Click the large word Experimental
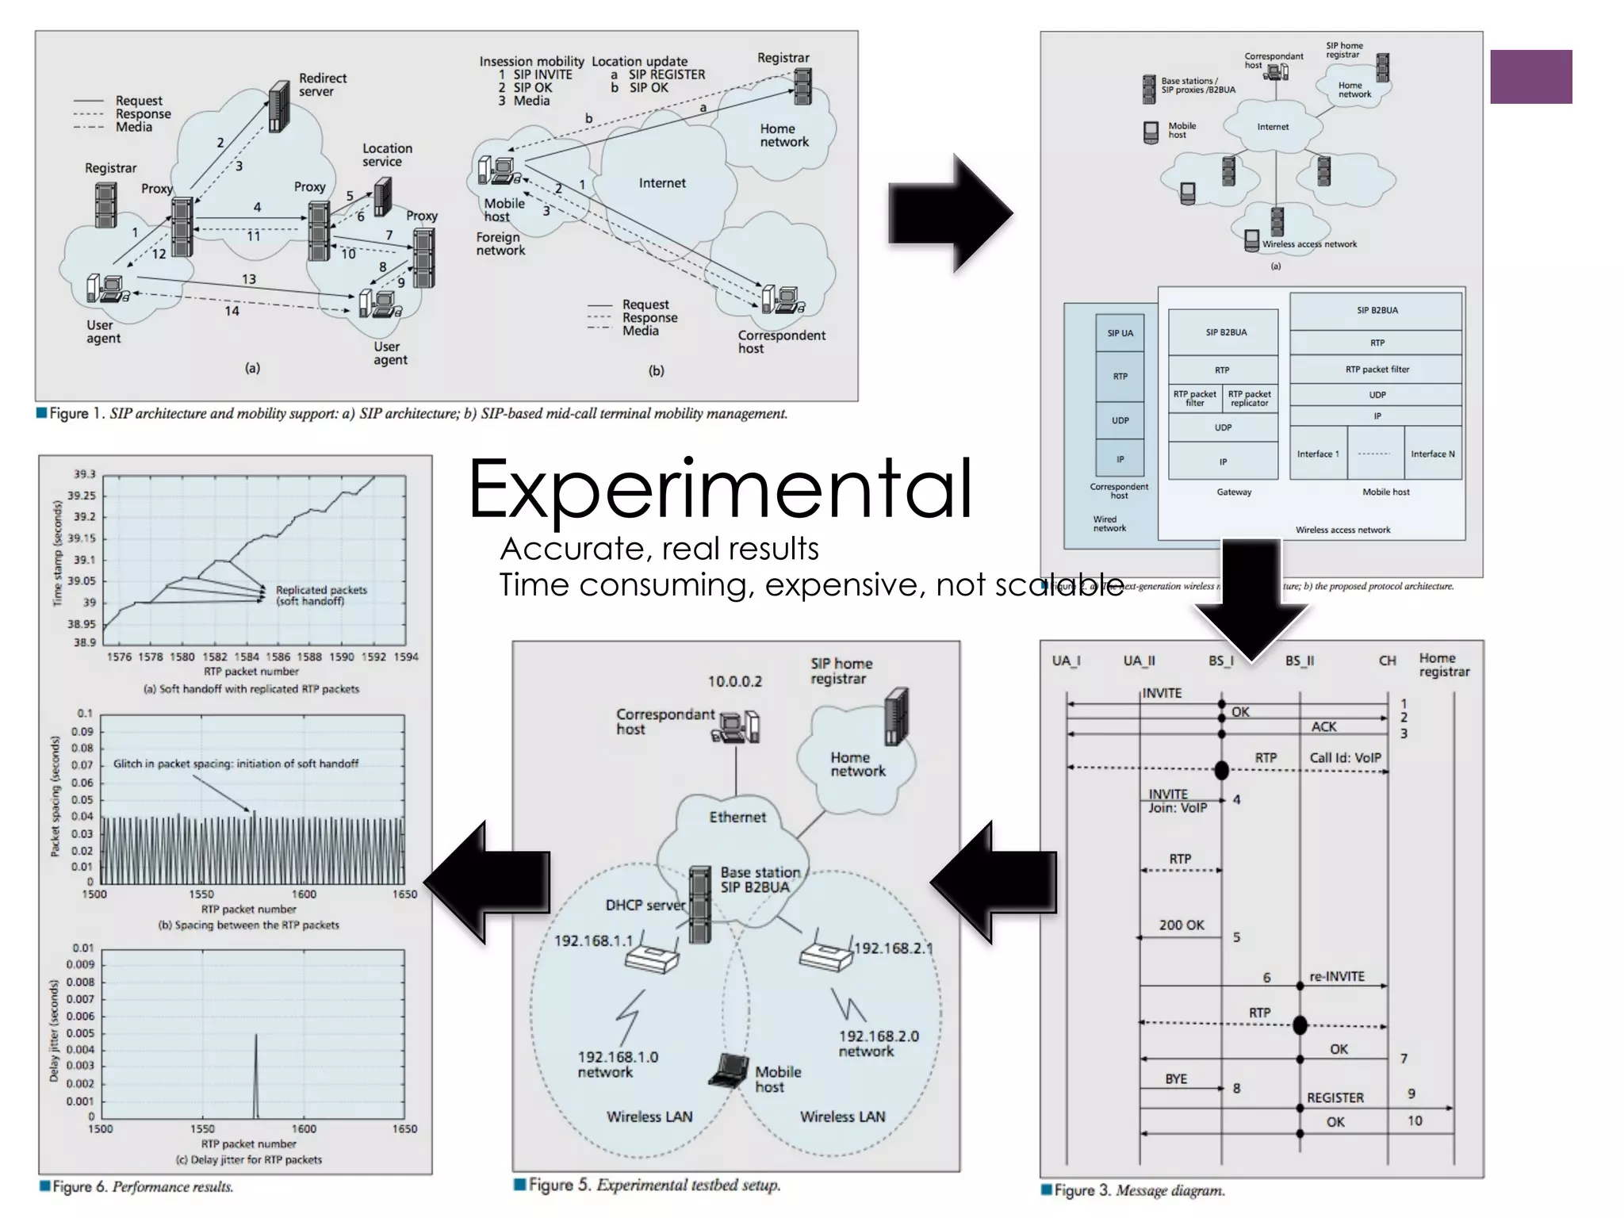point(720,490)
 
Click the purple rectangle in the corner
point(1530,77)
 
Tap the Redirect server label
point(322,85)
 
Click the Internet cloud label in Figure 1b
point(662,183)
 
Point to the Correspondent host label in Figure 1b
point(780,342)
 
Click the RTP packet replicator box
point(1249,398)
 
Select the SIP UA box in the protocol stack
point(1120,334)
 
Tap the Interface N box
point(1432,454)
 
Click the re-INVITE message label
point(1336,977)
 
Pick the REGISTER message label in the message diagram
point(1335,1098)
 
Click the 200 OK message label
point(1181,925)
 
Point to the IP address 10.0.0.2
point(734,682)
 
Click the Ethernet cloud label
point(737,818)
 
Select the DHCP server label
point(645,906)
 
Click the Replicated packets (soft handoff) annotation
point(321,596)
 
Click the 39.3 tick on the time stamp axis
point(84,474)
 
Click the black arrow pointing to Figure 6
point(488,882)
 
